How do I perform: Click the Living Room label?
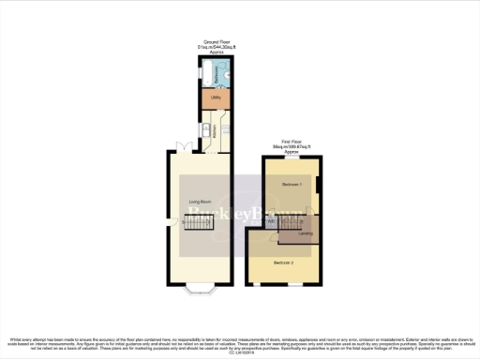(200, 202)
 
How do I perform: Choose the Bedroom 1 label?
(292, 186)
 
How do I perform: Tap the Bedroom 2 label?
(284, 262)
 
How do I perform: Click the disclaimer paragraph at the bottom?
(240, 344)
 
